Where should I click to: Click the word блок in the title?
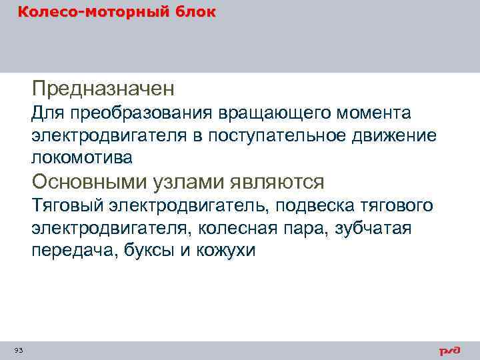click(195, 12)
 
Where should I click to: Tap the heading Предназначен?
click(103, 87)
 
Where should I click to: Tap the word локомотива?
click(82, 157)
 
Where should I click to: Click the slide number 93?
click(18, 350)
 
